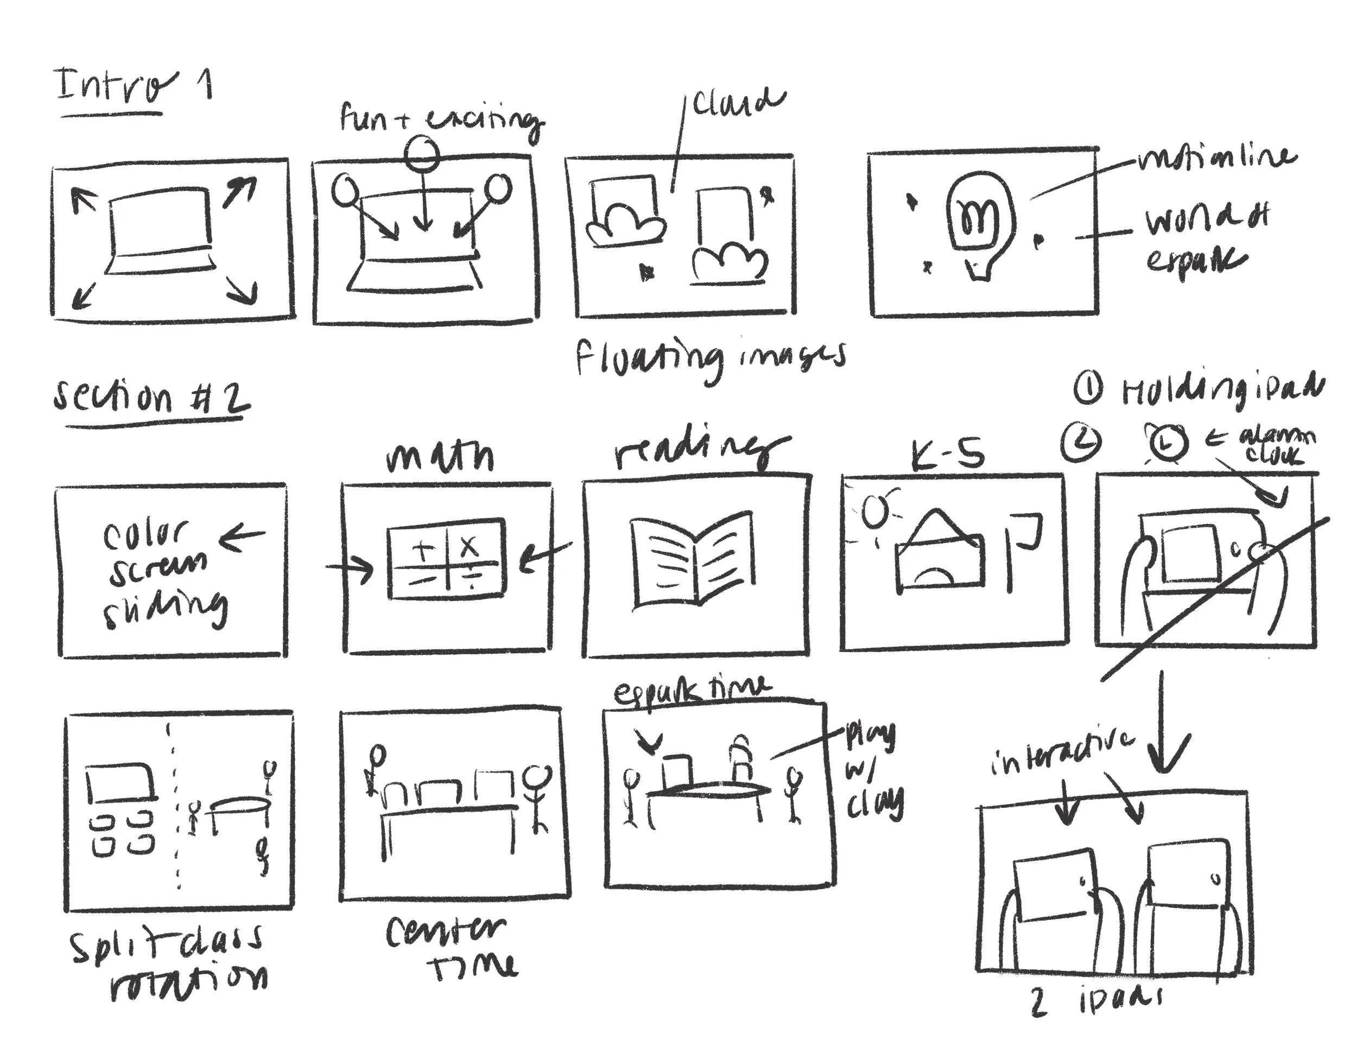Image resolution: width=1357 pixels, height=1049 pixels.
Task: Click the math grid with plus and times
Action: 446,558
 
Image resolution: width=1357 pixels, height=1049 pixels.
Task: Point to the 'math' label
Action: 440,457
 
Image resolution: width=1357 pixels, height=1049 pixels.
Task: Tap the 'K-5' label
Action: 948,456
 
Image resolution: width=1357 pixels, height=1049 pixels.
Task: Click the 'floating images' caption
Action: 710,358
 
